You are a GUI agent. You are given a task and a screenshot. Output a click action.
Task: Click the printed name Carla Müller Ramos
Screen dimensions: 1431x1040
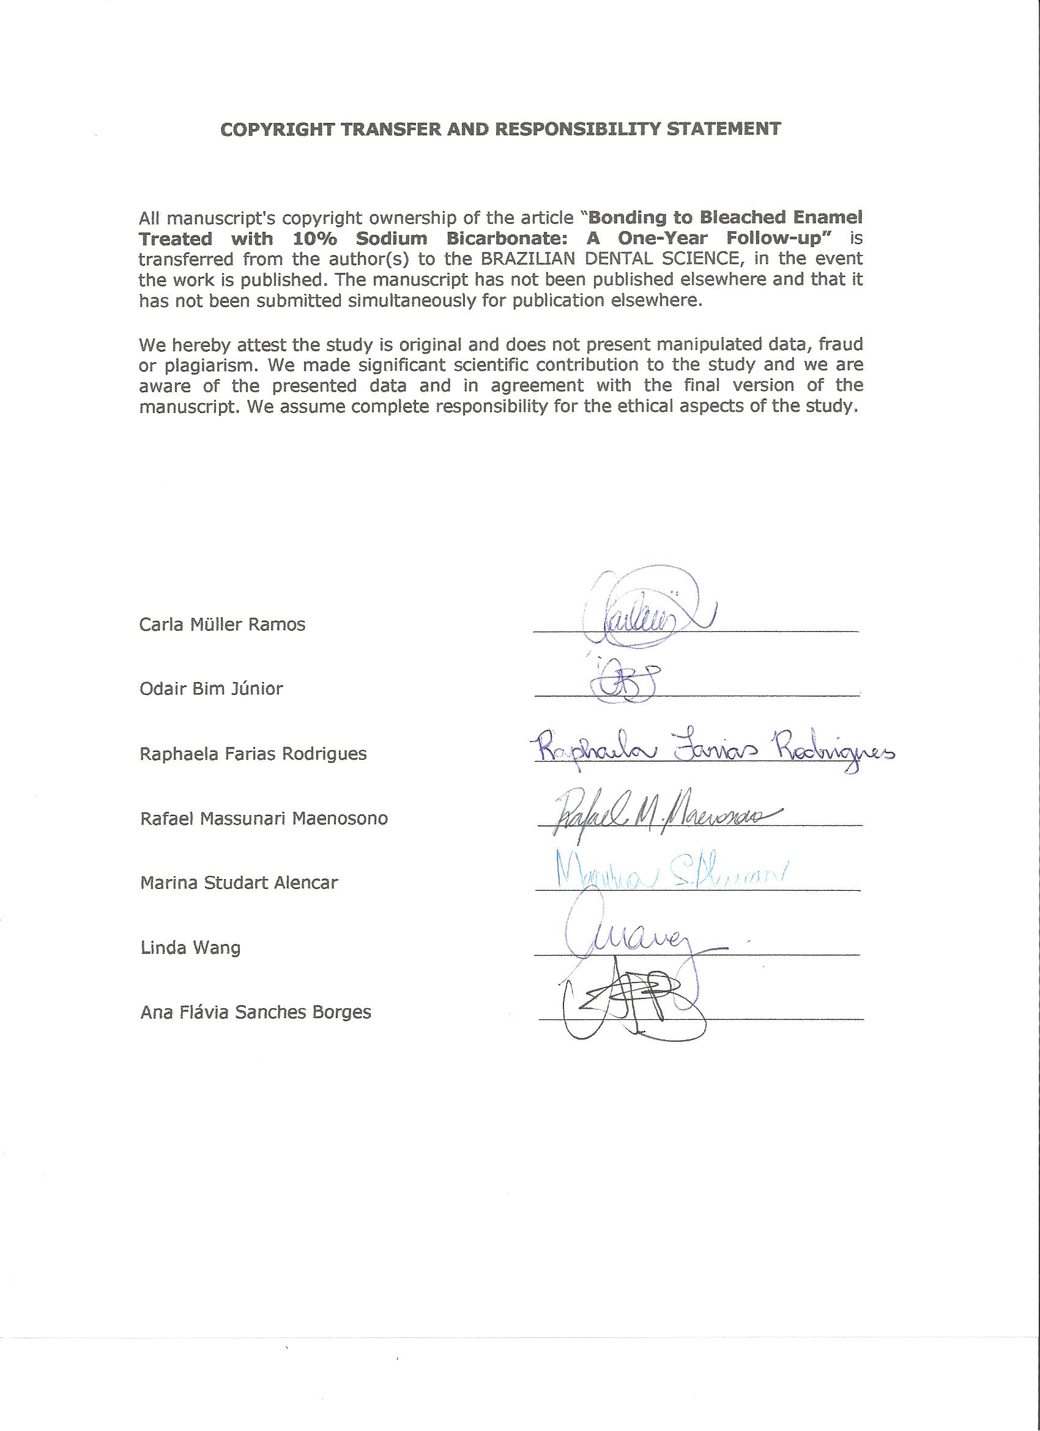tap(222, 625)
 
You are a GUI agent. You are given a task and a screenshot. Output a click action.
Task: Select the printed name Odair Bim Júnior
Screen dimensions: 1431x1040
tap(211, 688)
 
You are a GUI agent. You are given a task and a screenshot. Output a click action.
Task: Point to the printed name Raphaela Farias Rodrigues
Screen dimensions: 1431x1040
tap(253, 753)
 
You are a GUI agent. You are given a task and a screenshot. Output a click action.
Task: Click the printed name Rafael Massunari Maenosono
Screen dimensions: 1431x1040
tap(264, 819)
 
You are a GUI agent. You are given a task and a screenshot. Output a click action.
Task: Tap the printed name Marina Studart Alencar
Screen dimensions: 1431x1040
tap(239, 882)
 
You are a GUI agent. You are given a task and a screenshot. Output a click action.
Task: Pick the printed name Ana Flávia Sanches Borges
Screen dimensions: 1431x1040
tap(255, 1013)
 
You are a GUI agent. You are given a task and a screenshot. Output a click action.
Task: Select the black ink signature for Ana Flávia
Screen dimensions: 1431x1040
tap(631, 1003)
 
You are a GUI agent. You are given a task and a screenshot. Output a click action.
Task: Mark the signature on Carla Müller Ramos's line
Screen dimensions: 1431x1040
tap(644, 612)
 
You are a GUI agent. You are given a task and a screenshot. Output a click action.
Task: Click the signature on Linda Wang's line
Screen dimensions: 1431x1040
tap(631, 940)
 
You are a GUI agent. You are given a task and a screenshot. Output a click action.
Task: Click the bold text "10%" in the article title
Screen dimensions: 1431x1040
tap(314, 239)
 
